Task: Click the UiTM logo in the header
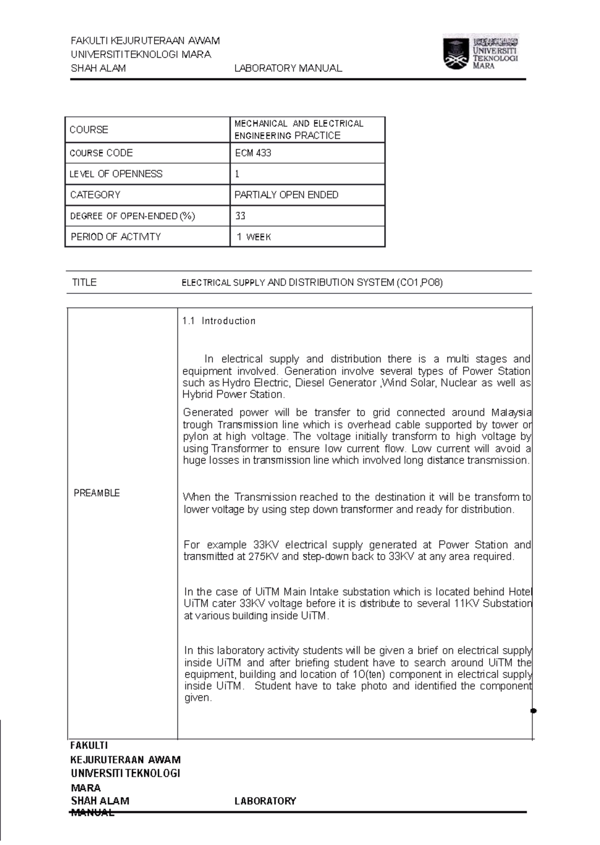click(480, 51)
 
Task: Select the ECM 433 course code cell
click(253, 153)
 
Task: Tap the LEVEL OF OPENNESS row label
click(116, 174)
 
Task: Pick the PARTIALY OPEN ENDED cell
click(286, 195)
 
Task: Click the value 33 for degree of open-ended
click(240, 216)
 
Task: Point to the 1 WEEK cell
click(254, 237)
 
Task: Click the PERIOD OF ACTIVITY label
click(115, 237)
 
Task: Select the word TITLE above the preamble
click(84, 282)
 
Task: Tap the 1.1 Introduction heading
click(219, 321)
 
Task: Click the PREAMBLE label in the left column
click(96, 493)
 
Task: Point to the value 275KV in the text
click(263, 557)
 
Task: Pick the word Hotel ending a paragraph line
click(520, 592)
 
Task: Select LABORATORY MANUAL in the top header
click(288, 68)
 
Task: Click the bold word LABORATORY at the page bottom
click(265, 801)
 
